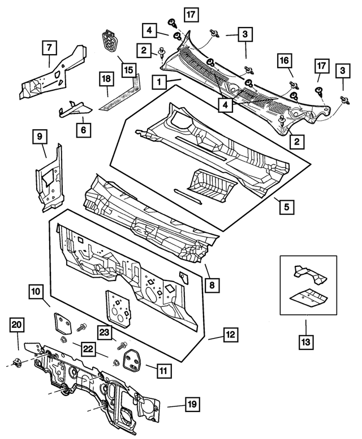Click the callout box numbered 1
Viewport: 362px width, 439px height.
[x=161, y=82]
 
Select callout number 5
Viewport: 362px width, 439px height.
[x=287, y=207]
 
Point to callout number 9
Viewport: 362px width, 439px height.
[x=40, y=137]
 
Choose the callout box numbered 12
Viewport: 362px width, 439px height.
[x=230, y=335]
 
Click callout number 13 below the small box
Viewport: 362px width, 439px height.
[x=306, y=341]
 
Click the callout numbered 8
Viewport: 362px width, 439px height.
[x=210, y=286]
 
